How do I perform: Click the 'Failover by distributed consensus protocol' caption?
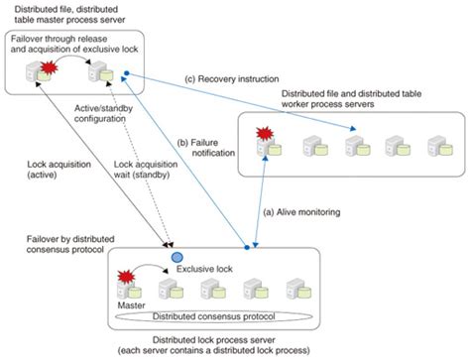click(x=68, y=245)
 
